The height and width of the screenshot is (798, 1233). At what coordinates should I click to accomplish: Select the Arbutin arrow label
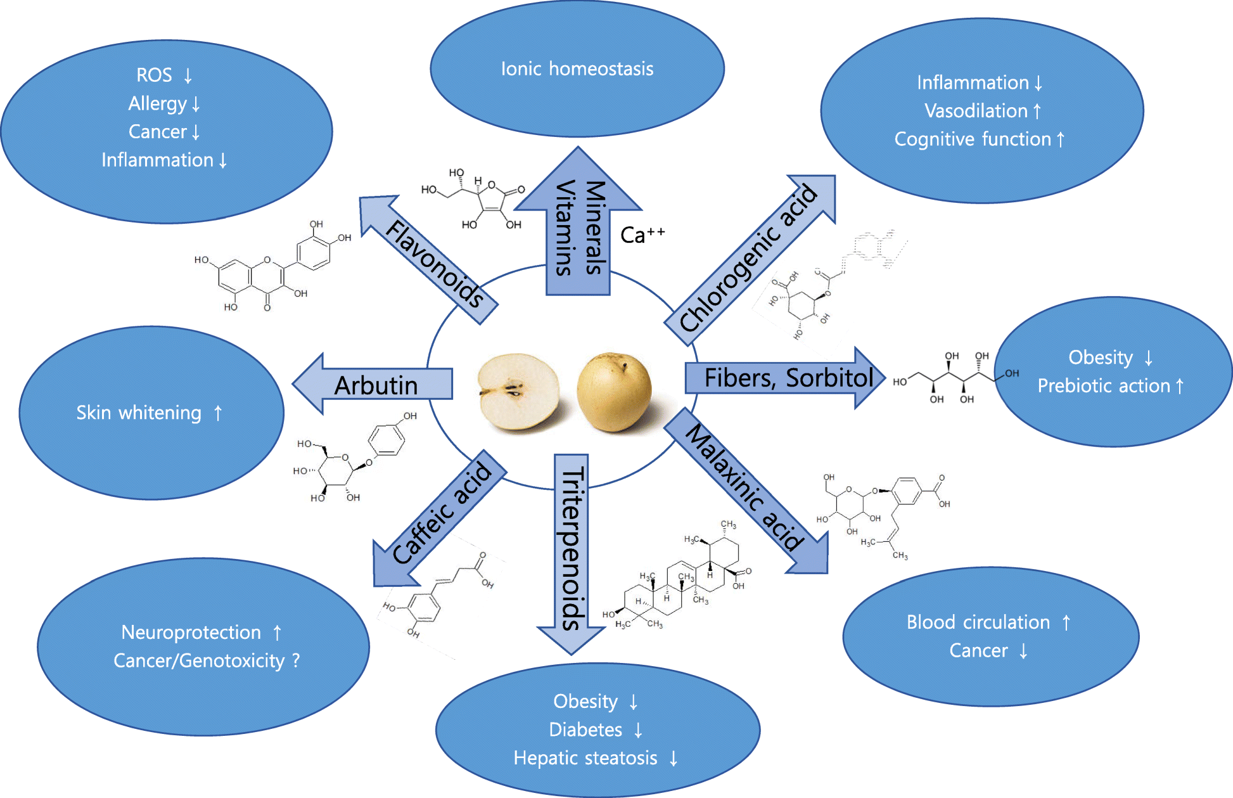point(376,385)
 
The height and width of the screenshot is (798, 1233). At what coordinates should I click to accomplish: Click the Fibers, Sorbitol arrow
point(788,378)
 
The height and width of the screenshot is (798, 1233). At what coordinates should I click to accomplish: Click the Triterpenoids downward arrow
point(572,549)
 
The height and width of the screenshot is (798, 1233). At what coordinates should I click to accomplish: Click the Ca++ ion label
point(642,235)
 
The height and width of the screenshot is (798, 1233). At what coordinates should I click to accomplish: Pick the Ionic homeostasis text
point(577,68)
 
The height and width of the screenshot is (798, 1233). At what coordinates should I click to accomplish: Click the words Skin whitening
point(139,413)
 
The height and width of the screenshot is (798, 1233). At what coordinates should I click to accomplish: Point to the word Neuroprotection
point(191,632)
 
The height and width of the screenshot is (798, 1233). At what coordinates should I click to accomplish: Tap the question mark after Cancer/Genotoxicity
point(296,660)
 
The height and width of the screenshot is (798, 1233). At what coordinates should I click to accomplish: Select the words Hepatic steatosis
point(585,757)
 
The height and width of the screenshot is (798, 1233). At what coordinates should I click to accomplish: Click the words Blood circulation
point(978,622)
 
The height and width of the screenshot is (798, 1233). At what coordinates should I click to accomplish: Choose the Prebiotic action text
point(1104,385)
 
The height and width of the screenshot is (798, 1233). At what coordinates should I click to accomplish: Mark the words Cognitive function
point(973,139)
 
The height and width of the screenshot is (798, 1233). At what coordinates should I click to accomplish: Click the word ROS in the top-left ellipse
point(154,75)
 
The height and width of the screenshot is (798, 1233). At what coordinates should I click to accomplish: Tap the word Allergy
point(158,103)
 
